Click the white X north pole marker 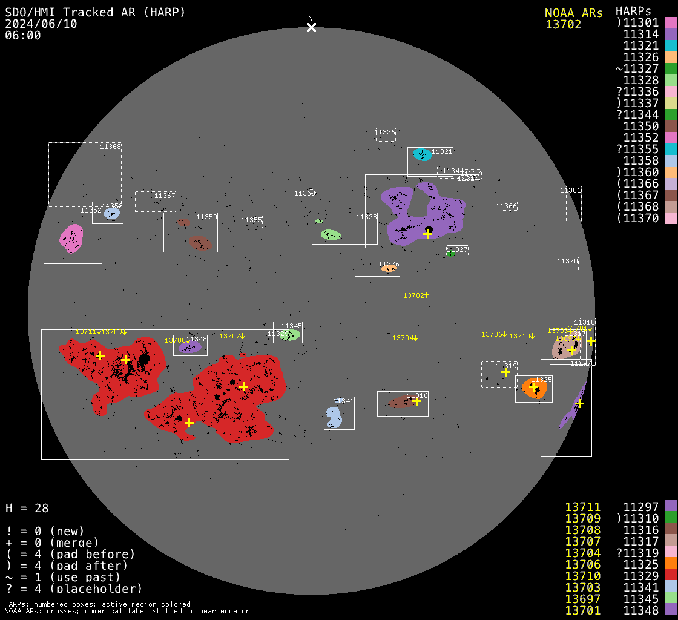click(311, 27)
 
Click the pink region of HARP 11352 click(71, 237)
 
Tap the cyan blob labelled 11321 click(422, 155)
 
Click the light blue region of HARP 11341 click(333, 417)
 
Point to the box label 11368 click(110, 147)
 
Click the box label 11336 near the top click(384, 132)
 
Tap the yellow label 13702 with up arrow click(416, 295)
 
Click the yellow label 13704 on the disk click(405, 338)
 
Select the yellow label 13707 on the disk click(232, 336)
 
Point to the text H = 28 click(27, 508)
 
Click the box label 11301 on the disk click(570, 190)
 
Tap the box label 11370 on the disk click(568, 261)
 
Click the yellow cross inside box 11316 click(416, 401)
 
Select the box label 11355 click(251, 220)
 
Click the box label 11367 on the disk click(165, 196)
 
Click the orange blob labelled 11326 click(387, 268)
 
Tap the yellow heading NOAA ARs click(573, 13)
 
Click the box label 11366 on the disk click(506, 206)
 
